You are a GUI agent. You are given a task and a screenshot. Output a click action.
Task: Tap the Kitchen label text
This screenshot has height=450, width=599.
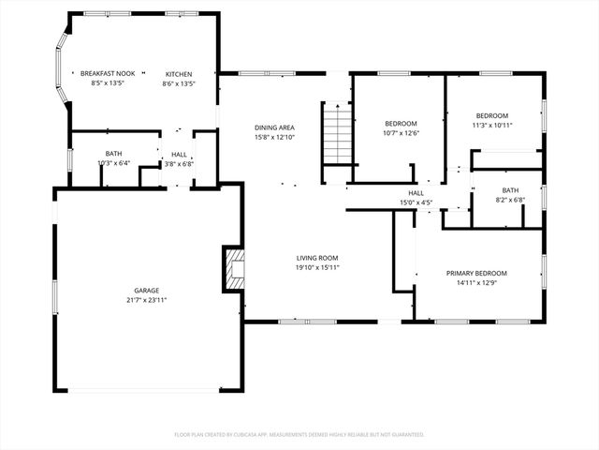tap(179, 73)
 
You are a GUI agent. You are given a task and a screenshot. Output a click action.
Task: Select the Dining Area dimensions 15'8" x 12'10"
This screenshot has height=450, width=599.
tap(274, 137)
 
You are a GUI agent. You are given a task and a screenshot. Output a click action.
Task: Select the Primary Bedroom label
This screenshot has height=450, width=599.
tap(477, 273)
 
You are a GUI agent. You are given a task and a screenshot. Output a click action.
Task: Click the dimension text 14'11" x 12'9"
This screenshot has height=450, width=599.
tap(477, 283)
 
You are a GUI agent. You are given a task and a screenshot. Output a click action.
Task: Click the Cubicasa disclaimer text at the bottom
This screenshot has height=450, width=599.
tap(299, 434)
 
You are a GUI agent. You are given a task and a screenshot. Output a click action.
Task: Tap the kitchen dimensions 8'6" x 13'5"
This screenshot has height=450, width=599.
tap(179, 83)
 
